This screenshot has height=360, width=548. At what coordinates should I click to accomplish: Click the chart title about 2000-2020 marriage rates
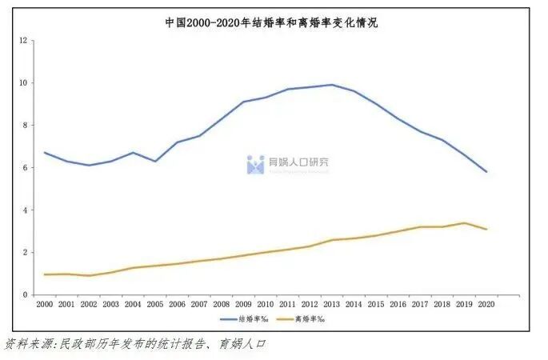pos(271,23)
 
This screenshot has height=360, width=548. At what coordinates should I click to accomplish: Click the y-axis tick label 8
pos(26,125)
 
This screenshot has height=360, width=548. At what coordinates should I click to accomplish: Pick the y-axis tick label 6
pos(26,167)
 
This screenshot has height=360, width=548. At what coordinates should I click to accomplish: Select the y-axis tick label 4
pos(26,210)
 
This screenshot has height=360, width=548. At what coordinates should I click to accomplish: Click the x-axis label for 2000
pos(46,304)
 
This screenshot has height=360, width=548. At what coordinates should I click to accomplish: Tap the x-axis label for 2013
pos(332,304)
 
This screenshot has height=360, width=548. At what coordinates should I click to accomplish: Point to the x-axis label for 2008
pos(222,304)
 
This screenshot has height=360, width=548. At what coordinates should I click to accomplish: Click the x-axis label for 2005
pos(156,304)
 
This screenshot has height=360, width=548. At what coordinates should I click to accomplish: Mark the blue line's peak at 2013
pos(332,85)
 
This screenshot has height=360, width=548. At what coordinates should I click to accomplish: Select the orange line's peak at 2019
pos(464,223)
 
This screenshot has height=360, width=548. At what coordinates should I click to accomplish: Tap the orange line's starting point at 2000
pos(46,274)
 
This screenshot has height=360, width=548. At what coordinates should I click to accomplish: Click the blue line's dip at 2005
pos(156,162)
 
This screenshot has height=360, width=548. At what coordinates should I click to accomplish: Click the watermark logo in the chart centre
pos(256,164)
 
